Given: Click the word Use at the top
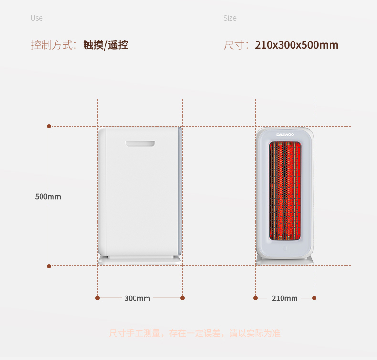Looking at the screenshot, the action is pyautogui.click(x=37, y=18).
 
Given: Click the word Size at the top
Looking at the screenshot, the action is pyautogui.click(x=230, y=18).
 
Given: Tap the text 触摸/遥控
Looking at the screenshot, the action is pyautogui.click(x=105, y=45).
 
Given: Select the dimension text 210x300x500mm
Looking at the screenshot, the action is pyautogui.click(x=296, y=45).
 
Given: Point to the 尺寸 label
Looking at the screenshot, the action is pyautogui.click(x=234, y=45).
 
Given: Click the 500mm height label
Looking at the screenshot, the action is pyautogui.click(x=48, y=196).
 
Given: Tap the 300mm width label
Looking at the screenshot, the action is pyautogui.click(x=137, y=298).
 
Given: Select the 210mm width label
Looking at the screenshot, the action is pyautogui.click(x=284, y=298).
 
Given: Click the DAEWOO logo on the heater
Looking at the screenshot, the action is pyautogui.click(x=285, y=135).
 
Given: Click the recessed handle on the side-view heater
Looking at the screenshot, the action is pyautogui.click(x=140, y=143).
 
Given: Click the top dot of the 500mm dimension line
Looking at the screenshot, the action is pyautogui.click(x=49, y=126).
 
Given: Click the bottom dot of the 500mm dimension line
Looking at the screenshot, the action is pyautogui.click(x=49, y=265).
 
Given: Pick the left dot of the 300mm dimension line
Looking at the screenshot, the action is pyautogui.click(x=97, y=298).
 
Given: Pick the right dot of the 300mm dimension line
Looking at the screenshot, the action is pyautogui.click(x=182, y=298).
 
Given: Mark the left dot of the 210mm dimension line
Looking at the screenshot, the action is pyautogui.click(x=255, y=298).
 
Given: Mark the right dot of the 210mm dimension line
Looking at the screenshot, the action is pyautogui.click(x=314, y=298).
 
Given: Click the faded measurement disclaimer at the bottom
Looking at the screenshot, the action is pyautogui.click(x=195, y=333).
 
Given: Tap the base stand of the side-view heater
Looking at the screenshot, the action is pyautogui.click(x=140, y=260).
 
